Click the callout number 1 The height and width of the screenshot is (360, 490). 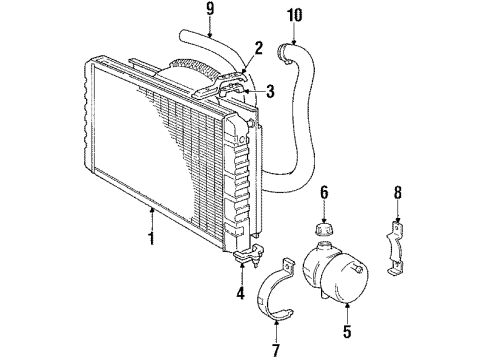[x=150, y=240]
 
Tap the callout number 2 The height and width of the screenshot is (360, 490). [x=258, y=46]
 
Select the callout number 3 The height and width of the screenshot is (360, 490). [x=270, y=93]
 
